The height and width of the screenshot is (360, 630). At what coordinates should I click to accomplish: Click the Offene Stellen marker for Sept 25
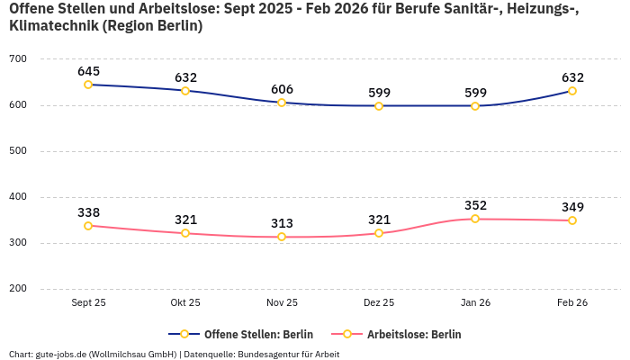tap(88, 85)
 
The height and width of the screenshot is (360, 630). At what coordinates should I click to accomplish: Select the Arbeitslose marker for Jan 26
tap(475, 219)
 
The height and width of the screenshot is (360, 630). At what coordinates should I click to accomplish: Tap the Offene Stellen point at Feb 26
tap(572, 91)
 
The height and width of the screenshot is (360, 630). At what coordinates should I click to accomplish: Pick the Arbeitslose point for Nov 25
tap(282, 237)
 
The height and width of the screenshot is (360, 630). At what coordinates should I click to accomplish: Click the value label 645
tap(88, 70)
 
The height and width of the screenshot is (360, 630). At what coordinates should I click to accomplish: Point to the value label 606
tap(282, 89)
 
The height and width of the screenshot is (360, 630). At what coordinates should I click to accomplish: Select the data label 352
tap(475, 205)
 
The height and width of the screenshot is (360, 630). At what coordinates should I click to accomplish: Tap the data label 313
tap(282, 223)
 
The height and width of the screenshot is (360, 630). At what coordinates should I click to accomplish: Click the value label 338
tap(88, 212)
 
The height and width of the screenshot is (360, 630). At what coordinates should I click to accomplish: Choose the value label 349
tap(572, 207)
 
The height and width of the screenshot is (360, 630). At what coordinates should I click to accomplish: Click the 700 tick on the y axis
tap(18, 59)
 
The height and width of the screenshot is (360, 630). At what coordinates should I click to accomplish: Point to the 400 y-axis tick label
tap(18, 197)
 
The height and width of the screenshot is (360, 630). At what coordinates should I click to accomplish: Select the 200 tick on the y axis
tap(18, 289)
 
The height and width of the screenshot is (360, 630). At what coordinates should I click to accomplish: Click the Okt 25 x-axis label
tap(185, 302)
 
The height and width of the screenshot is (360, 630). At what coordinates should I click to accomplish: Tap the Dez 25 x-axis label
tap(379, 302)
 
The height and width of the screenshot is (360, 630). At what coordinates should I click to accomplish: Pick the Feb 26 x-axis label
tap(572, 302)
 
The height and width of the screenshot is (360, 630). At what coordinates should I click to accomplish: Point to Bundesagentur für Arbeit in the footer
tap(288, 354)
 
